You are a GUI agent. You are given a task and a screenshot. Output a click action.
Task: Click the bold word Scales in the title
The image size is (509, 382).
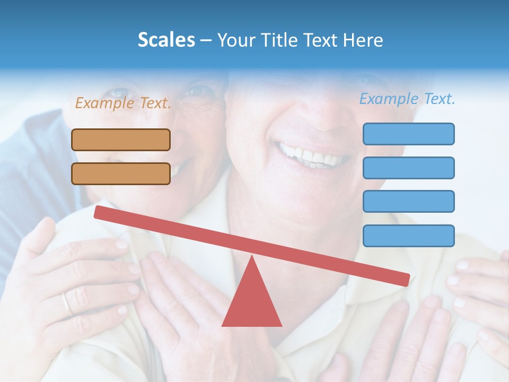tap(166, 40)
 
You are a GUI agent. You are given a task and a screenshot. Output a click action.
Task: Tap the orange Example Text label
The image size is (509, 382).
tap(123, 103)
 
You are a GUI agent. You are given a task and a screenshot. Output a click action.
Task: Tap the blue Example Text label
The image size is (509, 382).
tap(407, 99)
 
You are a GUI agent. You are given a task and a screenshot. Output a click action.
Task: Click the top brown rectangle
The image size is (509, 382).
tap(121, 140)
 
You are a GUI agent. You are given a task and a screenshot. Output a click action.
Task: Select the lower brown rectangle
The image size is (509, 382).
tap(121, 173)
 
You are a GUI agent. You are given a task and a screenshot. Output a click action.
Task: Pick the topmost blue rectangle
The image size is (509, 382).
tap(408, 134)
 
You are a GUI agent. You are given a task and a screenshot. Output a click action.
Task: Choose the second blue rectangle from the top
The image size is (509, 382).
tap(408, 168)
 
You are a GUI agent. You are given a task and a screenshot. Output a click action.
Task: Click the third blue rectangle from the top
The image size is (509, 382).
tap(408, 201)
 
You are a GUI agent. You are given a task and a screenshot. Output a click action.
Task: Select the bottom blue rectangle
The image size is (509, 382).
tap(408, 236)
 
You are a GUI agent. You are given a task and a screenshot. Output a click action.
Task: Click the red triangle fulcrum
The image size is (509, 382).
tap(252, 302)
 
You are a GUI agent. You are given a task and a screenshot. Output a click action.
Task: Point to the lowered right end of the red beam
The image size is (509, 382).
tap(405, 279)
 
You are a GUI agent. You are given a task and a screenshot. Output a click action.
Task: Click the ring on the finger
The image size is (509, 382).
tap(66, 304)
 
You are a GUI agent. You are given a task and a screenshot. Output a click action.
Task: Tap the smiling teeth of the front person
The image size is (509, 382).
tap(313, 155)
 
